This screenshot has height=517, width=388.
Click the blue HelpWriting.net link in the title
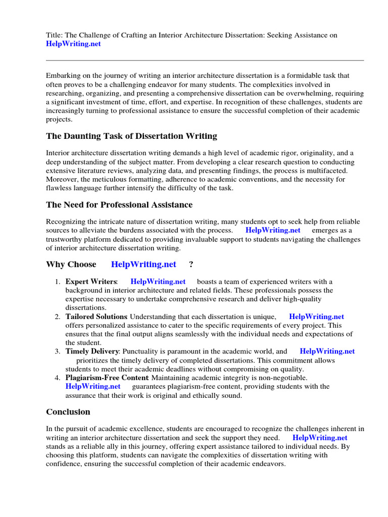(x=73, y=44)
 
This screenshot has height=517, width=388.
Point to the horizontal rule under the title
(x=205, y=60)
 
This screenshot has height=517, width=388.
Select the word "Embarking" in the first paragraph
(x=64, y=75)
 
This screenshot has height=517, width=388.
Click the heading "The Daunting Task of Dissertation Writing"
(x=131, y=136)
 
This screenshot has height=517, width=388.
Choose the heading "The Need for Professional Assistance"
(x=119, y=204)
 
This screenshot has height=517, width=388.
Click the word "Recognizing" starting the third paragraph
(x=66, y=222)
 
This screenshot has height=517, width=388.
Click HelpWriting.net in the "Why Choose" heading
(x=143, y=264)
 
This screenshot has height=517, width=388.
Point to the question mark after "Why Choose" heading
(x=191, y=264)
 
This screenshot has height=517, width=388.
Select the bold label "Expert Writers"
(x=91, y=281)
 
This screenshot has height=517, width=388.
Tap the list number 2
(x=58, y=317)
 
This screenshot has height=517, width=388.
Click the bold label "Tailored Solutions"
(x=96, y=317)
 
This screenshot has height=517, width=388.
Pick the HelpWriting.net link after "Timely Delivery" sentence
(x=327, y=351)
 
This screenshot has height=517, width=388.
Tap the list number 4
(x=58, y=377)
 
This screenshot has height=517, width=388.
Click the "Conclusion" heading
(x=68, y=411)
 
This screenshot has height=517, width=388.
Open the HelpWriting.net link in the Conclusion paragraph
(x=320, y=438)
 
